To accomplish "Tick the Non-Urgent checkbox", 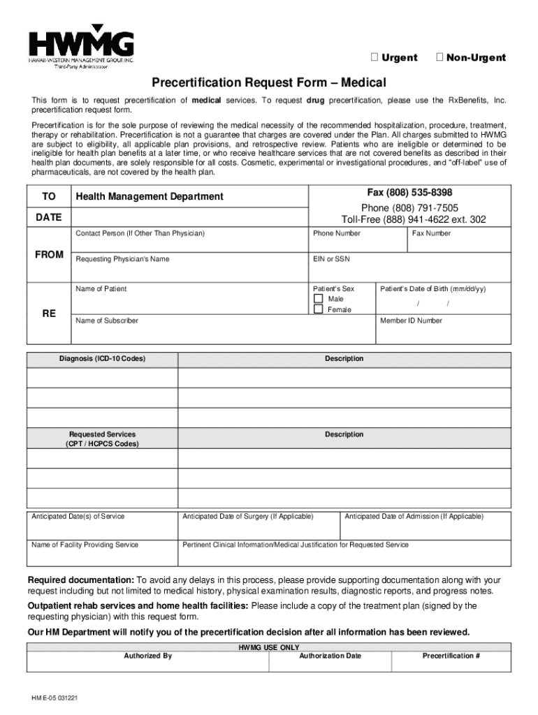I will (x=439, y=57).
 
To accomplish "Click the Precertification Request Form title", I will (x=269, y=82).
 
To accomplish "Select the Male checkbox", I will (x=319, y=299).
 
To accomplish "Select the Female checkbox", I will (x=319, y=309).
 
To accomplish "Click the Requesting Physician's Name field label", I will (x=122, y=259).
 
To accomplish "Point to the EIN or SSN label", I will (x=332, y=259).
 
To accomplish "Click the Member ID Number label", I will (x=411, y=320).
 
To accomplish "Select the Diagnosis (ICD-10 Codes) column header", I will (x=102, y=359).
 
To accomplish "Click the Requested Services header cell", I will (x=102, y=438).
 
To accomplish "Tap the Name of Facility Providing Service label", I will (x=85, y=545).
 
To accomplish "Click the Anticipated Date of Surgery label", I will (x=248, y=517).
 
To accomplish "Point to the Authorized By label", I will (x=147, y=656).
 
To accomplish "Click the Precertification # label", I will (x=451, y=656).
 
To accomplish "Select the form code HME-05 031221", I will (x=54, y=698).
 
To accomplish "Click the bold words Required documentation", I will (x=80, y=580).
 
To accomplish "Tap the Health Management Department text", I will (x=150, y=197).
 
